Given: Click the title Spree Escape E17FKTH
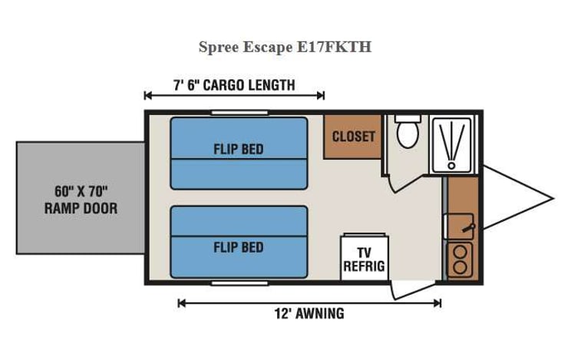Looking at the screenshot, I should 285,47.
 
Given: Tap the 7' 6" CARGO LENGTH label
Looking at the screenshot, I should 233,84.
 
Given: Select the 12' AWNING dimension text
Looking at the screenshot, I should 309,313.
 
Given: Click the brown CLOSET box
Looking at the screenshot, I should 353,137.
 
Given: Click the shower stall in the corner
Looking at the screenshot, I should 453,144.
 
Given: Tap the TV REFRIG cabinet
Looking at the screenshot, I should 364,259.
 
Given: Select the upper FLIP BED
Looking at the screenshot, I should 239,153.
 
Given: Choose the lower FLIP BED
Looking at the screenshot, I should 239,241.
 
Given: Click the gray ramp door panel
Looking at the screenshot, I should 81,197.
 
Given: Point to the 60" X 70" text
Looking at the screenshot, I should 81,190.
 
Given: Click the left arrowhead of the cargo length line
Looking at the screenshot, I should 147,95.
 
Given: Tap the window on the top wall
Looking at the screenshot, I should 239,113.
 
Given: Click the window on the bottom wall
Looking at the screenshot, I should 239,283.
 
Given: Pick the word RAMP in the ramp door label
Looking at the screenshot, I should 61,208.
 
